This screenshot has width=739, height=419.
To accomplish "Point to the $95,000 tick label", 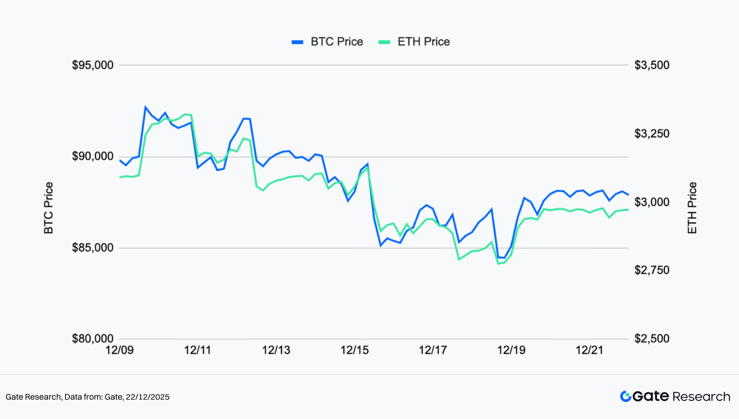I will [x=93, y=65].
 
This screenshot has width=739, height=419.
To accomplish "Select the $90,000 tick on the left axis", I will [x=93, y=156].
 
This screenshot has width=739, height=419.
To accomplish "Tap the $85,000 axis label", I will [x=93, y=248].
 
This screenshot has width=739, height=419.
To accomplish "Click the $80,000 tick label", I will [x=93, y=338].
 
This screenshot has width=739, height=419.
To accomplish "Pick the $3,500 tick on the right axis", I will [x=652, y=65].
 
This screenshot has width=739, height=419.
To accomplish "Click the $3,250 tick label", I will [x=652, y=133].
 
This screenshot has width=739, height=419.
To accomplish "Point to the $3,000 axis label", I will [x=652, y=202].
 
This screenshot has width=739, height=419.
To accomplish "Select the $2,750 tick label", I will [x=652, y=270].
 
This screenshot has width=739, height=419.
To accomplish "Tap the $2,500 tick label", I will [x=652, y=338].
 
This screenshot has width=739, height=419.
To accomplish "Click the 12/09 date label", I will [x=119, y=350].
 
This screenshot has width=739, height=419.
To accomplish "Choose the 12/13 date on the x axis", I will [x=276, y=350].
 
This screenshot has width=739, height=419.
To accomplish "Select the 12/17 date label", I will [x=433, y=350].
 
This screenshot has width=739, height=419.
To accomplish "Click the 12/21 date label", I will [x=589, y=350].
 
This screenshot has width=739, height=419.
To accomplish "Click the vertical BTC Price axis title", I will [x=49, y=208].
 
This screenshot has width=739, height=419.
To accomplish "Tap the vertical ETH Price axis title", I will [x=692, y=208].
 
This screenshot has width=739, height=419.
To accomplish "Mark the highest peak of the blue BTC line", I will [x=145, y=107].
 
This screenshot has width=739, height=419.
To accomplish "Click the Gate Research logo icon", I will [x=625, y=397].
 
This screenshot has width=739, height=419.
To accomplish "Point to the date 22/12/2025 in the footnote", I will [x=147, y=397].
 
